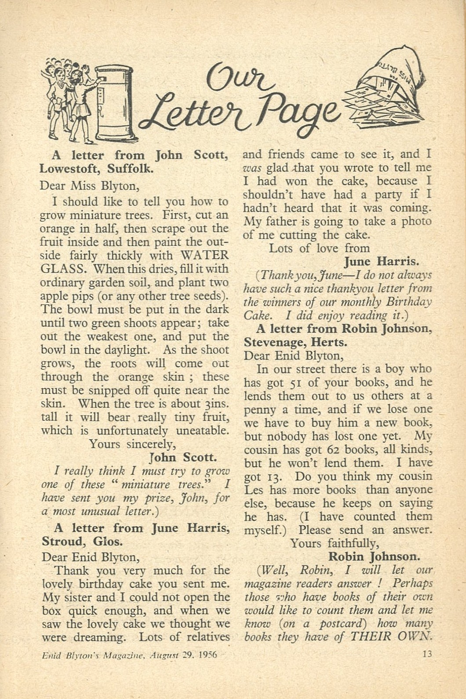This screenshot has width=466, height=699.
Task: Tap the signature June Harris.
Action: coord(381,262)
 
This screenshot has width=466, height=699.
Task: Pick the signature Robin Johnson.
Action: coord(374,557)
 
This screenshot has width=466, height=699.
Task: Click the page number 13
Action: coord(427,654)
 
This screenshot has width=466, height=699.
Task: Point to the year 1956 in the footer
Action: coord(208,655)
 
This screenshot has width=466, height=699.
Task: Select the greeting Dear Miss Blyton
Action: coord(90,186)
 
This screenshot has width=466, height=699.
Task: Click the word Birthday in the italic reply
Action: coord(410,302)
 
